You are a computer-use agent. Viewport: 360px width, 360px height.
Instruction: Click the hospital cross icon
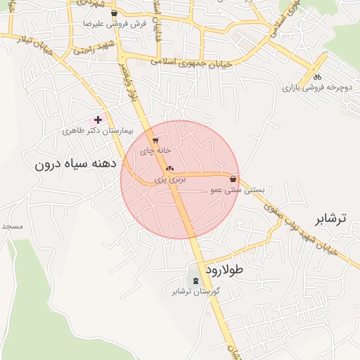(98, 120)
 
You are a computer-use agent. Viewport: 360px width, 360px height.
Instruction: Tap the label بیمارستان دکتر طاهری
(97, 131)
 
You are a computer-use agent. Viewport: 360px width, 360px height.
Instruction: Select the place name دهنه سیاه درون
(74, 165)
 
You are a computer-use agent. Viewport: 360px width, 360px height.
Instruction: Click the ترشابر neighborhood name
(330, 219)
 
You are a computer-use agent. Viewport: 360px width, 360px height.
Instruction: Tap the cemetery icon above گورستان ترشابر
(195, 281)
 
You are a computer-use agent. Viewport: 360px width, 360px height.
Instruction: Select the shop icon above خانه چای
(155, 141)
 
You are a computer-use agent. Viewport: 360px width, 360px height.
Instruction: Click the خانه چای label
(155, 150)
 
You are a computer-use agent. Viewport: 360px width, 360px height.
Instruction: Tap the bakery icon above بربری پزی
(169, 169)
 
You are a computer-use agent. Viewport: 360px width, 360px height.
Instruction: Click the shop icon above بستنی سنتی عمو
(233, 179)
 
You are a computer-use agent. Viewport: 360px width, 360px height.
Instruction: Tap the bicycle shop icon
(317, 77)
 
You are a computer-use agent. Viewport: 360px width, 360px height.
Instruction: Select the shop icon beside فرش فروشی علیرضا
(114, 13)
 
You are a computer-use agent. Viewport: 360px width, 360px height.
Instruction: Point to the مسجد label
(13, 226)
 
